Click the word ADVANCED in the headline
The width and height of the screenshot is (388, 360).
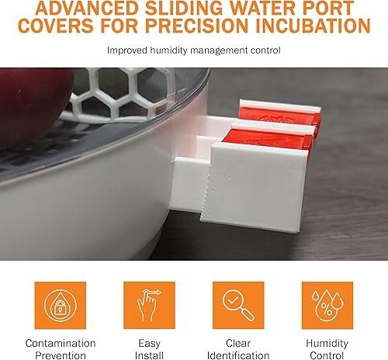73,8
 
